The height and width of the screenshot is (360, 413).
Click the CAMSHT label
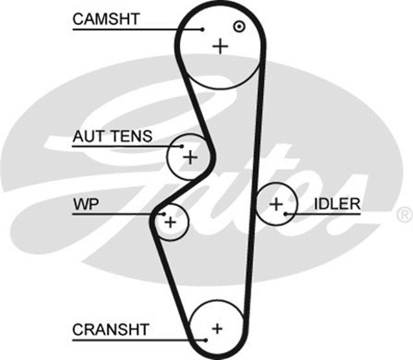[106, 19]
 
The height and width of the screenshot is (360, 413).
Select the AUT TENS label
[112, 137]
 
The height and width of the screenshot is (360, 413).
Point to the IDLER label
[337, 205]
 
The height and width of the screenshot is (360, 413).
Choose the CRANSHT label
[111, 330]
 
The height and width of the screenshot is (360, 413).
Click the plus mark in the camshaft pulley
[221, 46]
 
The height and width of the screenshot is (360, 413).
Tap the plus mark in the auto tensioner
[190, 157]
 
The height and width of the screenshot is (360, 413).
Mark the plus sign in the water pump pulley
[170, 222]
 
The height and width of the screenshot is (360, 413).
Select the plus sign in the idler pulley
[276, 205]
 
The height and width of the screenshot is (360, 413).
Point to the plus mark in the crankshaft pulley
[217, 327]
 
